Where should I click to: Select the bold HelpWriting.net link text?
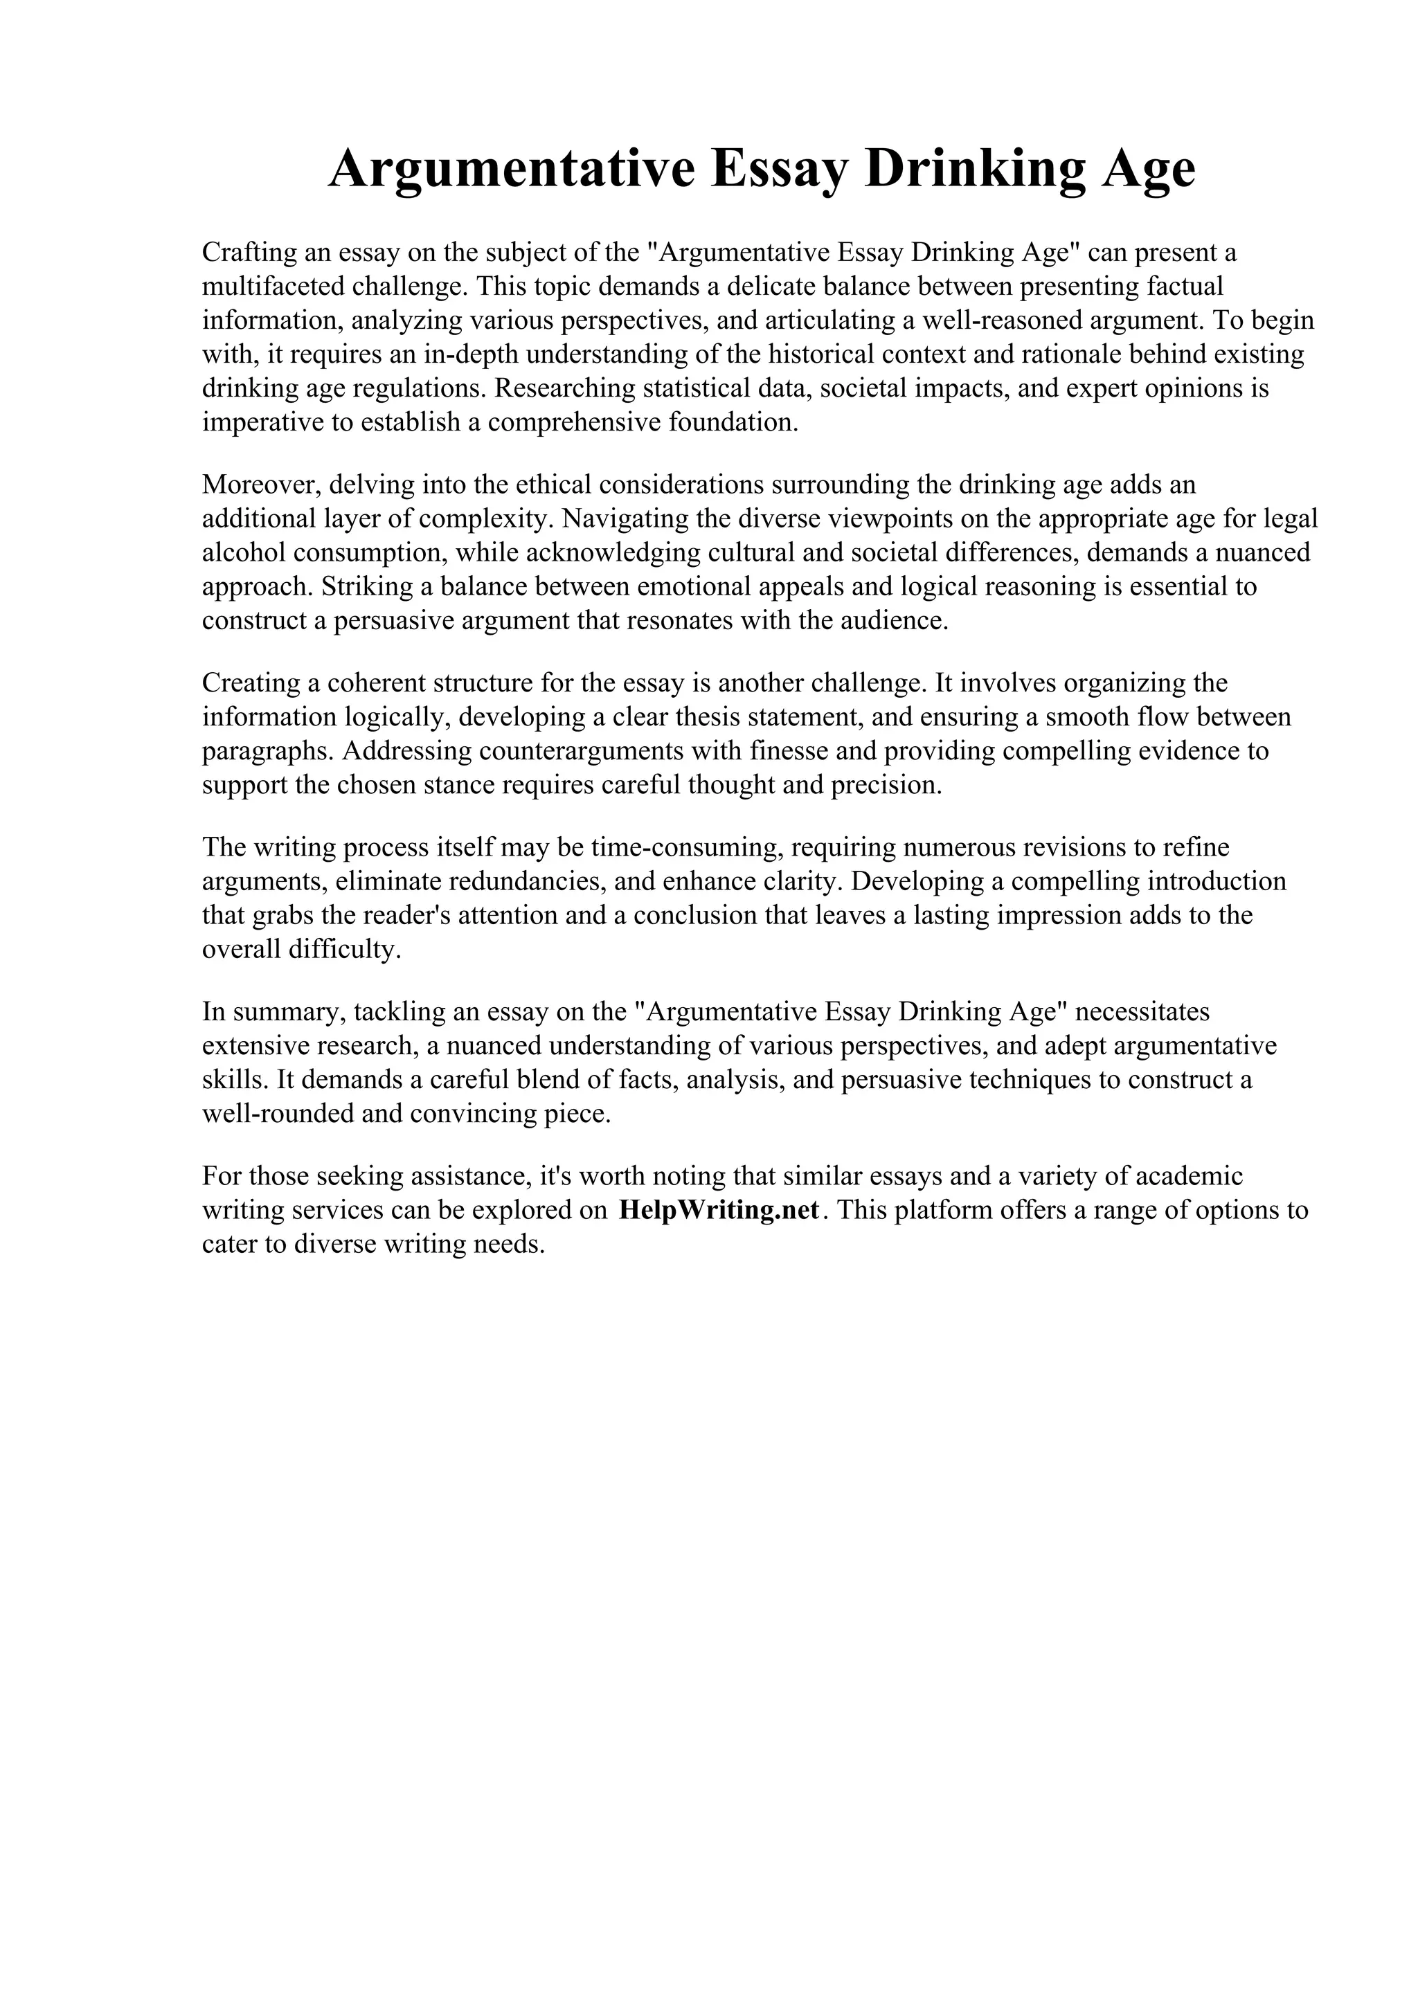[x=719, y=1210]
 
